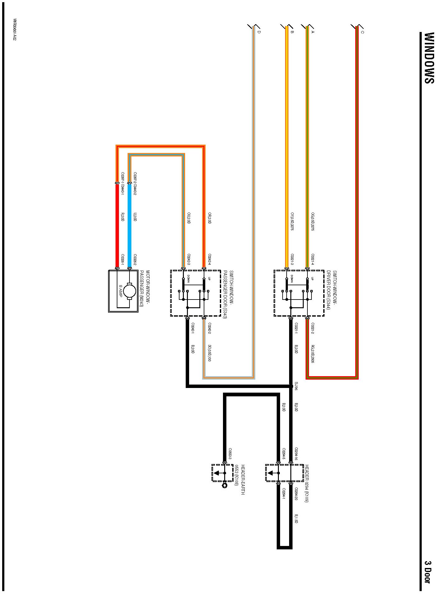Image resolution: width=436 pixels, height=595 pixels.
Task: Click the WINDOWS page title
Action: point(429,58)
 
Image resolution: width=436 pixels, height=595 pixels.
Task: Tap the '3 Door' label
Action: point(428,572)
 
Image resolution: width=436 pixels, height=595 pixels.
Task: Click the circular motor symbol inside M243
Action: point(129,291)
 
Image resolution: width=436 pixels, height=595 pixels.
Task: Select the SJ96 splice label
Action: point(296,386)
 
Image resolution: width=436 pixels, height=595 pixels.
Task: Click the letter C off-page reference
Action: point(362,32)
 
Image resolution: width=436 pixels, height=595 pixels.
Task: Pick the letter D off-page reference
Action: point(259,32)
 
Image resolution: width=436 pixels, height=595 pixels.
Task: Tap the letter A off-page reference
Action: point(313,32)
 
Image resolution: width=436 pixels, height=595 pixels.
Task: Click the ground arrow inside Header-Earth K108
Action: point(217,473)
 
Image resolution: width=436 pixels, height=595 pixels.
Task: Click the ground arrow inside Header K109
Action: point(270,473)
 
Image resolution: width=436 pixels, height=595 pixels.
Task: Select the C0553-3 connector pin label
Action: point(230,453)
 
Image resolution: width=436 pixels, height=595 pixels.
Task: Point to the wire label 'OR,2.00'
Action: point(210,218)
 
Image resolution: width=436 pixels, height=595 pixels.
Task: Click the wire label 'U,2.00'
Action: point(135,217)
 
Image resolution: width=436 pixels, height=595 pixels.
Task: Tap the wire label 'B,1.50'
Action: point(296,519)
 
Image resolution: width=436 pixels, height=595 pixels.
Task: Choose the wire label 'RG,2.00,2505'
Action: point(313,354)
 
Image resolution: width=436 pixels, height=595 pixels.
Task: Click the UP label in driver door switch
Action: point(312,279)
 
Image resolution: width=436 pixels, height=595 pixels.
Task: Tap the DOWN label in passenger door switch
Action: point(188,279)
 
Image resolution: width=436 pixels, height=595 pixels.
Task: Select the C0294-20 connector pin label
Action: point(296,494)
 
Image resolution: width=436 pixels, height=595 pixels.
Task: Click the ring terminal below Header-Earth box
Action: point(225,486)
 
